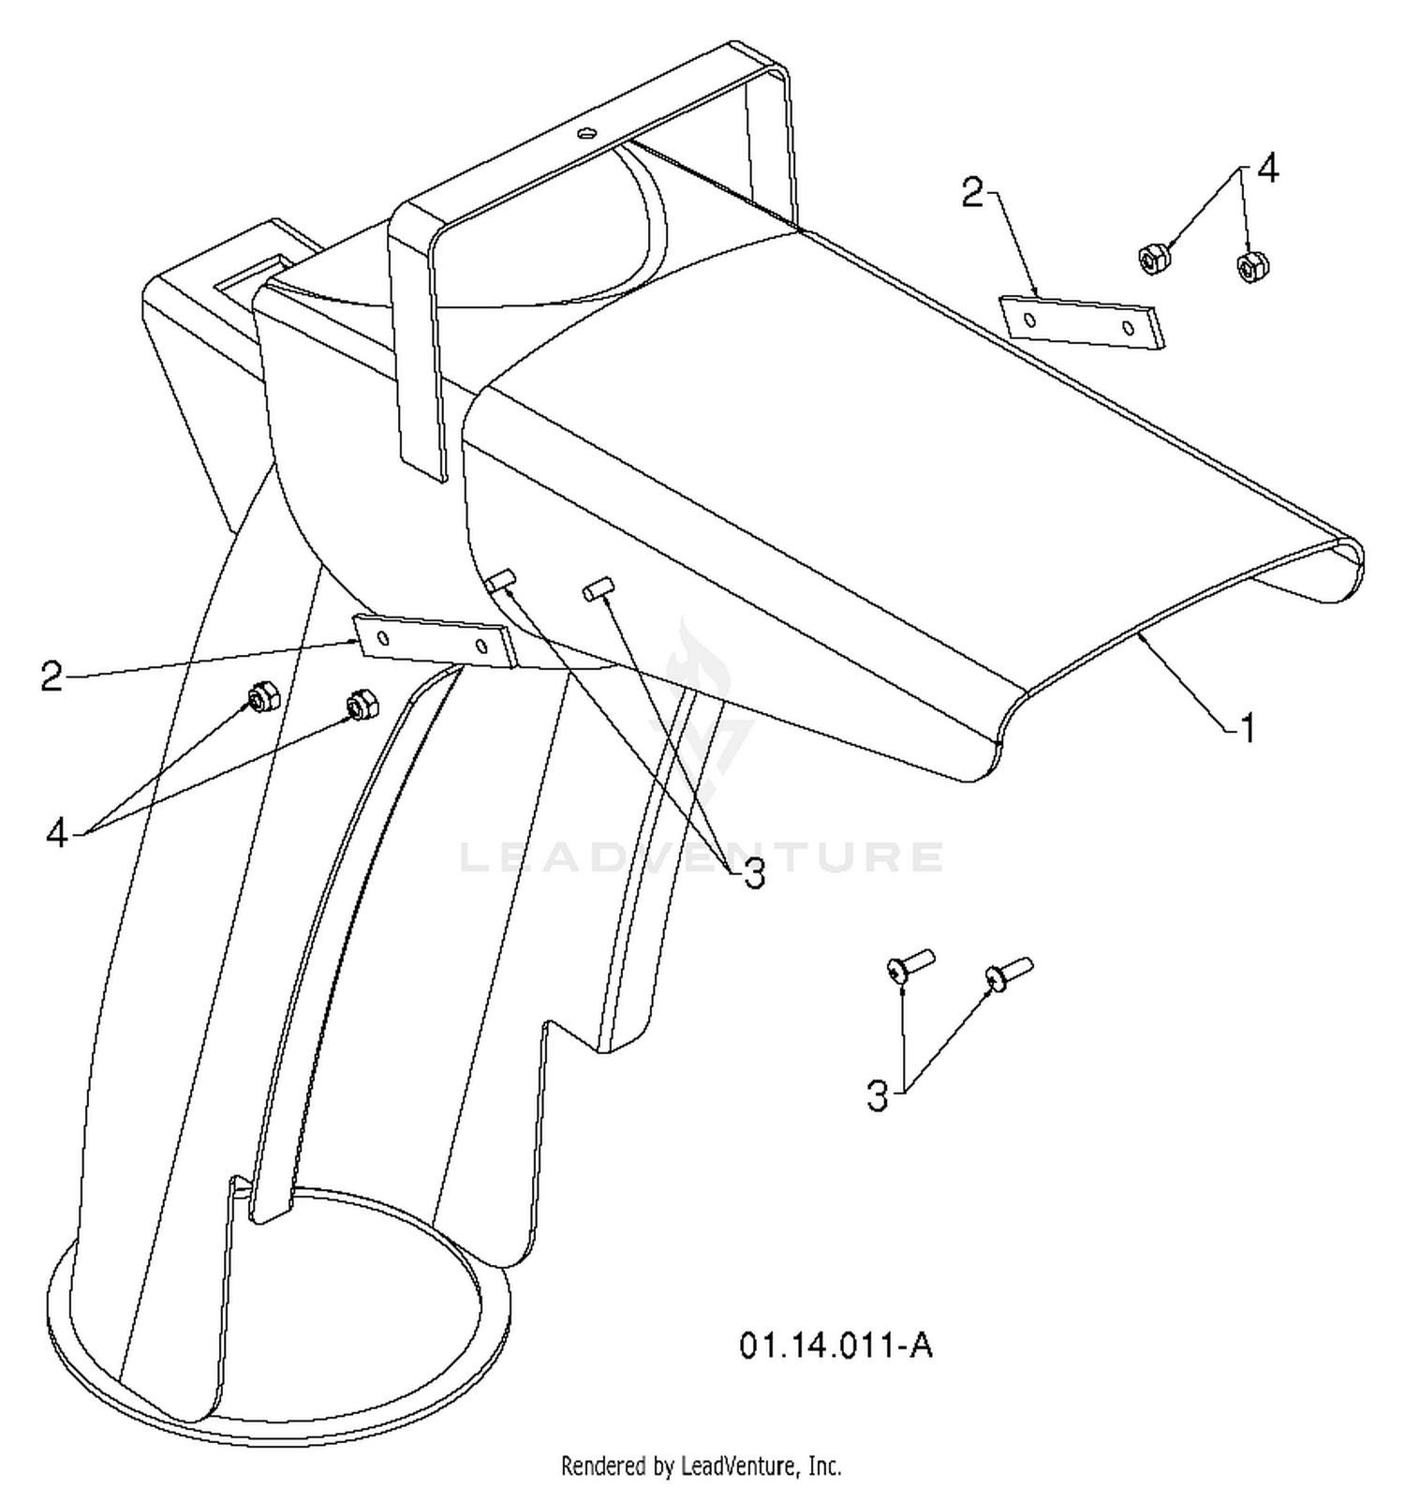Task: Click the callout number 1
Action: pos(1248,727)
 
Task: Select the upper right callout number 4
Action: pos(1266,170)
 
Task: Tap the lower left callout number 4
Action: pos(57,832)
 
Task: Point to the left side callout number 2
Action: pos(52,676)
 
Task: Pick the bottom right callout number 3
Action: pos(877,1094)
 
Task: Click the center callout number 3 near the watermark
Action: pos(754,873)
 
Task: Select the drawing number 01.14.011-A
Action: pos(836,1346)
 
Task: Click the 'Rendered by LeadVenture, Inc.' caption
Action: pos(701,1465)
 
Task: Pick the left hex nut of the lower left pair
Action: pos(260,697)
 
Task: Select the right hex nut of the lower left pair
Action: pos(362,705)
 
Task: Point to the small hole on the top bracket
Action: pos(587,133)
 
